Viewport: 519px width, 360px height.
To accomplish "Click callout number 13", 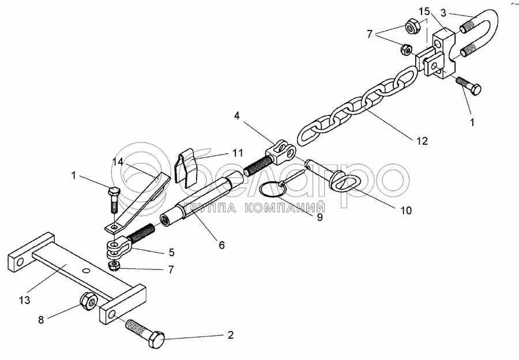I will coord(25,301).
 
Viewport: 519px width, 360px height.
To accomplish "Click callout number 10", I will coord(406,211).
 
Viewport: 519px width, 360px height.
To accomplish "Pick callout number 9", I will coord(319,217).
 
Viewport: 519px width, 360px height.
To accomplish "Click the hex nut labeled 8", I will coord(88,301).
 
